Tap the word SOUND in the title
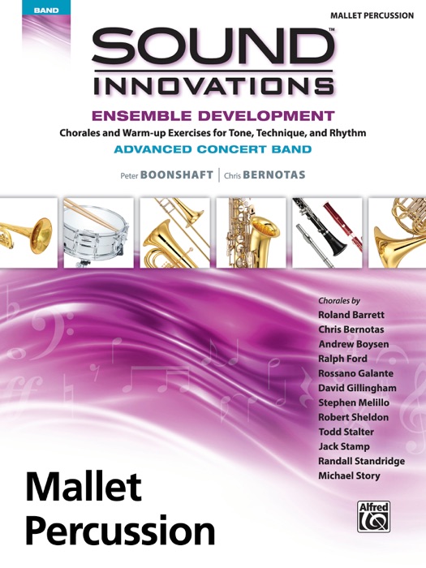213,50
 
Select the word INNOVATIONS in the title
213,85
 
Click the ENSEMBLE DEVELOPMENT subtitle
213,115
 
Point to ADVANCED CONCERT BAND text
213,149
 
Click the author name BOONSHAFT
174,174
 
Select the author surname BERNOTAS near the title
272,174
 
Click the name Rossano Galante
355,373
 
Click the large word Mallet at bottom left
84,488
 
